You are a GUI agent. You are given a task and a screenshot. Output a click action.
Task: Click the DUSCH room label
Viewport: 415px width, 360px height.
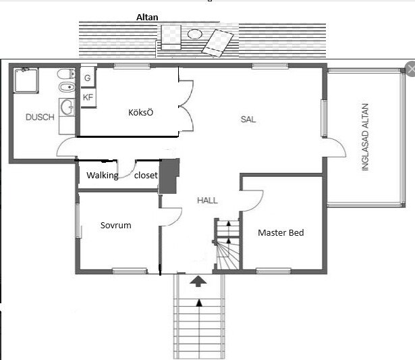[40, 117]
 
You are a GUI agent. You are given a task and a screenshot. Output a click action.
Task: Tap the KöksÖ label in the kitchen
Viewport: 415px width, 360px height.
[140, 112]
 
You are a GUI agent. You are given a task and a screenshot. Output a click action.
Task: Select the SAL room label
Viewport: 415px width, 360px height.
[248, 120]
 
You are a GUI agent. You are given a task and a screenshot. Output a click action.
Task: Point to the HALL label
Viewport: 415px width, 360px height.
[208, 201]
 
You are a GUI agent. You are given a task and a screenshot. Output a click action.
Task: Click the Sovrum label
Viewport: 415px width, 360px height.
[115, 225]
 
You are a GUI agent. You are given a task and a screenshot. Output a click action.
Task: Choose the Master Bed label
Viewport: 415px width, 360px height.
[281, 232]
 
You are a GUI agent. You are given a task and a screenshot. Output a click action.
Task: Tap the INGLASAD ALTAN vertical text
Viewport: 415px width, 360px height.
[365, 137]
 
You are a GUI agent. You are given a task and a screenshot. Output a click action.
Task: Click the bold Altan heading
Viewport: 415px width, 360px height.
[147, 17]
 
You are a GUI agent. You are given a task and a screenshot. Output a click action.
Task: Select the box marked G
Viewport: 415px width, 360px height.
[88, 77]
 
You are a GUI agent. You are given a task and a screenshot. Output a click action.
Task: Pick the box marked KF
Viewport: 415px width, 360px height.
[88, 97]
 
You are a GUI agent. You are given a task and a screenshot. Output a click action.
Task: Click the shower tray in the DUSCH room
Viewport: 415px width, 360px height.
[26, 80]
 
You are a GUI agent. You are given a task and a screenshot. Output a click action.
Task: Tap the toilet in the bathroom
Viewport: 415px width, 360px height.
[66, 74]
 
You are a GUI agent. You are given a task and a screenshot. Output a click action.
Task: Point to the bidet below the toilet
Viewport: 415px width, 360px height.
[67, 87]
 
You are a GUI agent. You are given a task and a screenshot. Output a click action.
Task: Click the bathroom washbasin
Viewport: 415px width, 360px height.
[67, 107]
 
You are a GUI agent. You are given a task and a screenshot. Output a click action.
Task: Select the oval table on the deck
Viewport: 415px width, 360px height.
[195, 34]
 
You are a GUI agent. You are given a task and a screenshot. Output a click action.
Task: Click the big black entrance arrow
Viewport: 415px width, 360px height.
[198, 282]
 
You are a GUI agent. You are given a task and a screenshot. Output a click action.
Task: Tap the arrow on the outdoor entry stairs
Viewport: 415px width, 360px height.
[199, 303]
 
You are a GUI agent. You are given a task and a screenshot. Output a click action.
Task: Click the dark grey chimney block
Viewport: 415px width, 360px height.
[169, 176]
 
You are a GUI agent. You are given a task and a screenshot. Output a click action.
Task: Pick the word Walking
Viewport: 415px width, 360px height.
[103, 176]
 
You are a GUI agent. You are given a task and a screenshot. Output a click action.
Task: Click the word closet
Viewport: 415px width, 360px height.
[146, 175]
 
